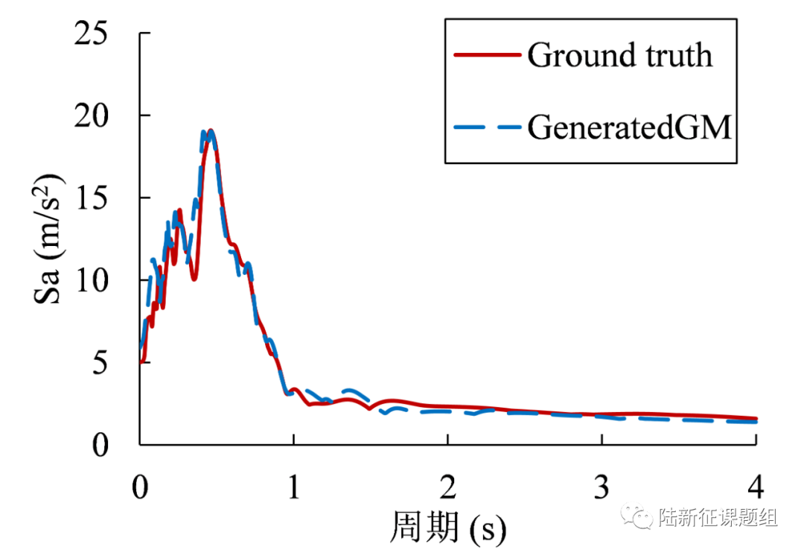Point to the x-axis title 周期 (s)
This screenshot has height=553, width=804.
pos(447,528)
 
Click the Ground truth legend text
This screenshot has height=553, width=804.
pos(619,55)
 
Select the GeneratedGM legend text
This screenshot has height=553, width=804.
pos(630,127)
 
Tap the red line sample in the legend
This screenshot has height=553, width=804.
pos(485,55)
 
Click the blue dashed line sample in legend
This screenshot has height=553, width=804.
pos(485,127)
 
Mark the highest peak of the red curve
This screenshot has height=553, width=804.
pos(211,131)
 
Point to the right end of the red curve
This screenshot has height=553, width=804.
pos(756,419)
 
